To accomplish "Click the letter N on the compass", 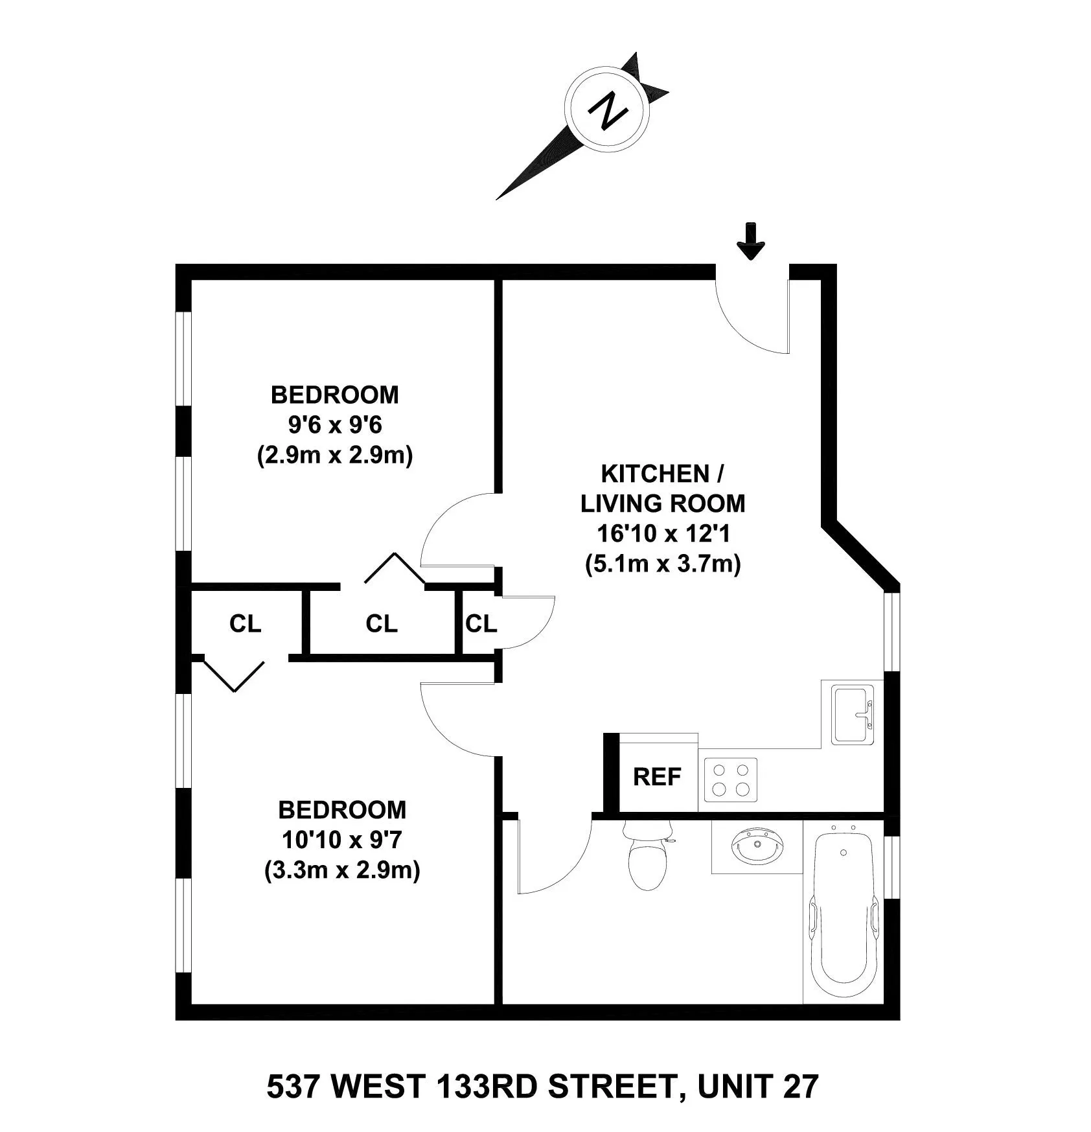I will coord(607,111).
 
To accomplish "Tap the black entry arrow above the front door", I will coord(751,242).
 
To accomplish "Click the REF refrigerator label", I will coord(657,776).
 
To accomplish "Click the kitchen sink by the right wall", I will coord(852,715).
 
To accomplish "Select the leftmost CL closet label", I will coord(245,623).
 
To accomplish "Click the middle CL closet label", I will coord(381,623).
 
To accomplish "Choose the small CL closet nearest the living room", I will coord(481,623).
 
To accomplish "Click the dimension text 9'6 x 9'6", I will coord(335,425).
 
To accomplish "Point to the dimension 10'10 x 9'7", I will coord(342,840).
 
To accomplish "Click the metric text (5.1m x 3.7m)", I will coord(662,564).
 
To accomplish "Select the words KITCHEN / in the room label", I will coord(662,474).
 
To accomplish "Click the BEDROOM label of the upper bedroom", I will coord(335,395).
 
